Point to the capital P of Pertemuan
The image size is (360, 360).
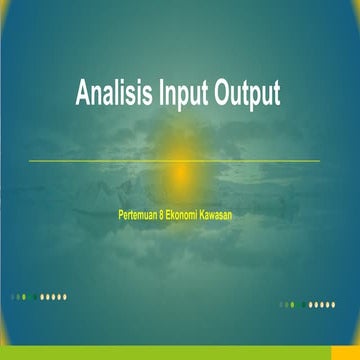121,212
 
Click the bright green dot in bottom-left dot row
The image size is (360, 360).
35,296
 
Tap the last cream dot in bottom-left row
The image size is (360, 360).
65,296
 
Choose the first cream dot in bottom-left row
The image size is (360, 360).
41,296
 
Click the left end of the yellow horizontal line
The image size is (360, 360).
29,161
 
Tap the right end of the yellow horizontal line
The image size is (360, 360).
319,161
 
